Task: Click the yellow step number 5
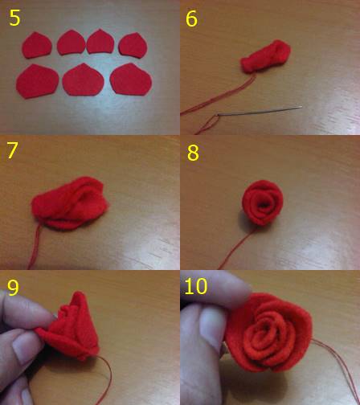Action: (14, 18)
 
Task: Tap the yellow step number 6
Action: (191, 18)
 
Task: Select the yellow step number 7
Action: (12, 150)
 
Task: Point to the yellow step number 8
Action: (193, 153)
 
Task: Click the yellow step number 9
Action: (13, 288)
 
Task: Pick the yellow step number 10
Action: (196, 286)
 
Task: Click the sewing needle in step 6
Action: (260, 111)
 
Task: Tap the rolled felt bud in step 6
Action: (266, 56)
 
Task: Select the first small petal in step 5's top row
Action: (37, 45)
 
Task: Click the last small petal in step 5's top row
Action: (133, 45)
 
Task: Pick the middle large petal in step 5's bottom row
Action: (84, 80)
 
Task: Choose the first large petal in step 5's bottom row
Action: (37, 81)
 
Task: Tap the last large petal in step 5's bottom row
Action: (131, 80)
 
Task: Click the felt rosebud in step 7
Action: (70, 203)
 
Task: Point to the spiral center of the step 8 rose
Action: (264, 206)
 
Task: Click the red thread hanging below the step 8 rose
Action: (235, 247)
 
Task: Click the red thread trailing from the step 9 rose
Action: (107, 380)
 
